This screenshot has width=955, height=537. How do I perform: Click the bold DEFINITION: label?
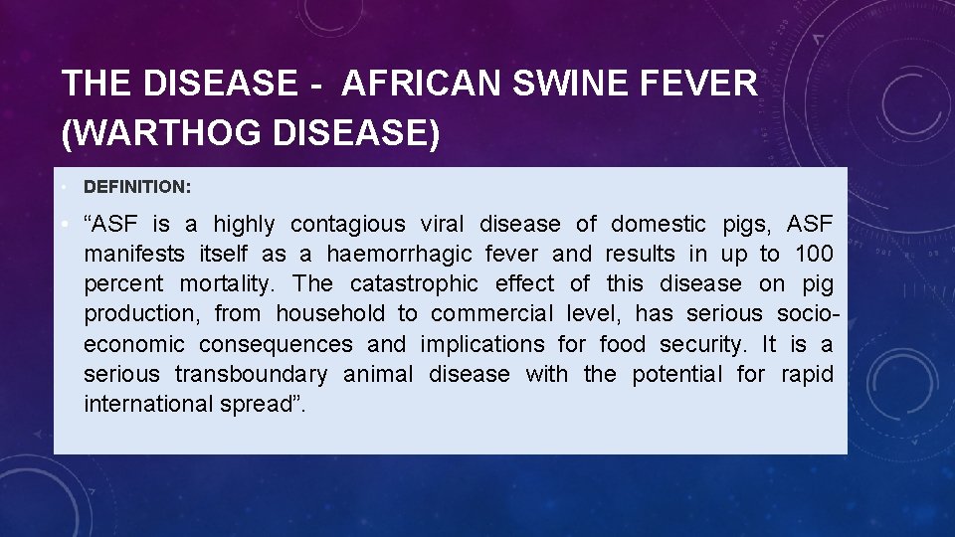coord(137,186)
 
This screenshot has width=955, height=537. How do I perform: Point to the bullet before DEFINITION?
coord(63,186)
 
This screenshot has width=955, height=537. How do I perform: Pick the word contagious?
coord(348,225)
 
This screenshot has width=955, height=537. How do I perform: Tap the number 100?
coord(814,255)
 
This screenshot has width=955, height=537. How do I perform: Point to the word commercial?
coord(489,314)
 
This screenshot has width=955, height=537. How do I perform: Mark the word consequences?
coord(276,344)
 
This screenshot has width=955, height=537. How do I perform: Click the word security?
coord(700,344)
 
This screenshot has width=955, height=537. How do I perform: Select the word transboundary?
coord(251,374)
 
